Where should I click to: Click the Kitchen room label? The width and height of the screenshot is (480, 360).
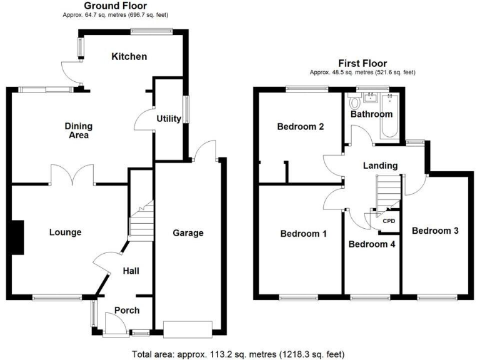pyautogui.click(x=129, y=57)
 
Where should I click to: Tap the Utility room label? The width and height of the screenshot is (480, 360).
pyautogui.click(x=169, y=119)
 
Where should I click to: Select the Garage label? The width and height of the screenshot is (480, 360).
pyautogui.click(x=188, y=233)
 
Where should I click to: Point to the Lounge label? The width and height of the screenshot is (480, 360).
pyautogui.click(x=66, y=232)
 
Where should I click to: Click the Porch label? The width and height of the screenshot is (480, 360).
pyautogui.click(x=127, y=310)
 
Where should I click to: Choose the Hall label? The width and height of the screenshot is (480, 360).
pyautogui.click(x=131, y=271)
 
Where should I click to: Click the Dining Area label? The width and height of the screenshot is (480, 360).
pyautogui.click(x=77, y=130)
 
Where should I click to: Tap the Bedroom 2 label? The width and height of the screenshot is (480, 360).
pyautogui.click(x=300, y=127)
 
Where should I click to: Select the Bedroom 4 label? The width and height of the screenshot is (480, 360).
pyautogui.click(x=372, y=244)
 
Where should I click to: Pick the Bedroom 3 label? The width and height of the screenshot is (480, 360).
pyautogui.click(x=435, y=231)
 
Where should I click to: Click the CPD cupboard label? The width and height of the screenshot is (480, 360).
pyautogui.click(x=388, y=221)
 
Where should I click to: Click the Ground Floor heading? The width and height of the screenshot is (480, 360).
pyautogui.click(x=116, y=6)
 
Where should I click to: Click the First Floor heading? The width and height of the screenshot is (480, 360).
pyautogui.click(x=362, y=63)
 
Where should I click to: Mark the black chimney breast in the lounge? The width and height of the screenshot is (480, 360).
pyautogui.click(x=18, y=237)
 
